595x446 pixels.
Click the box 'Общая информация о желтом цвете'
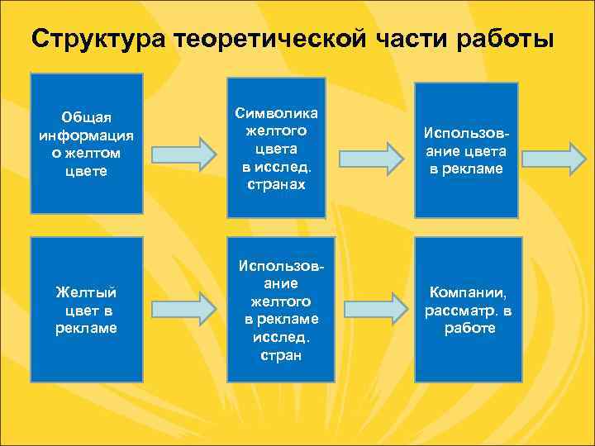pos(86,142)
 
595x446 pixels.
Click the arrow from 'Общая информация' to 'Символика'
pos(183,154)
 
